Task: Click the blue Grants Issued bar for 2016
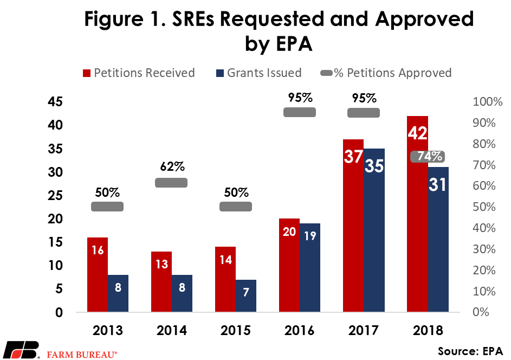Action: (310, 268)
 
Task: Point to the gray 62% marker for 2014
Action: (171, 183)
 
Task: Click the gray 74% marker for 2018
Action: (428, 157)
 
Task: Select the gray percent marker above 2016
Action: (300, 112)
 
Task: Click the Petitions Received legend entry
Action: (138, 73)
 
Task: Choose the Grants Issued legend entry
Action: (258, 73)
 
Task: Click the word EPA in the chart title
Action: (279, 44)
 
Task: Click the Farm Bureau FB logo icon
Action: (21, 350)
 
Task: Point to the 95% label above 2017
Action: (363, 98)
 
